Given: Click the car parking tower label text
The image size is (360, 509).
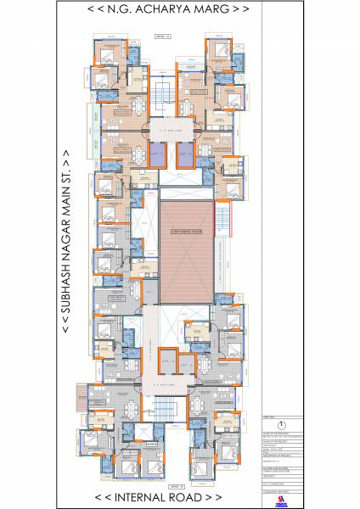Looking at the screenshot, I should pyautogui.click(x=184, y=223).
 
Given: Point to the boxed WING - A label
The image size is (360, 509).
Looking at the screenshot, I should pyautogui.click(x=163, y=36).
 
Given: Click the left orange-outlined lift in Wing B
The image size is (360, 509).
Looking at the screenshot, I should pyautogui.click(x=166, y=363).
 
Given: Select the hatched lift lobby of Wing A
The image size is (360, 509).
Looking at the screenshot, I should pyautogui.click(x=171, y=127).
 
